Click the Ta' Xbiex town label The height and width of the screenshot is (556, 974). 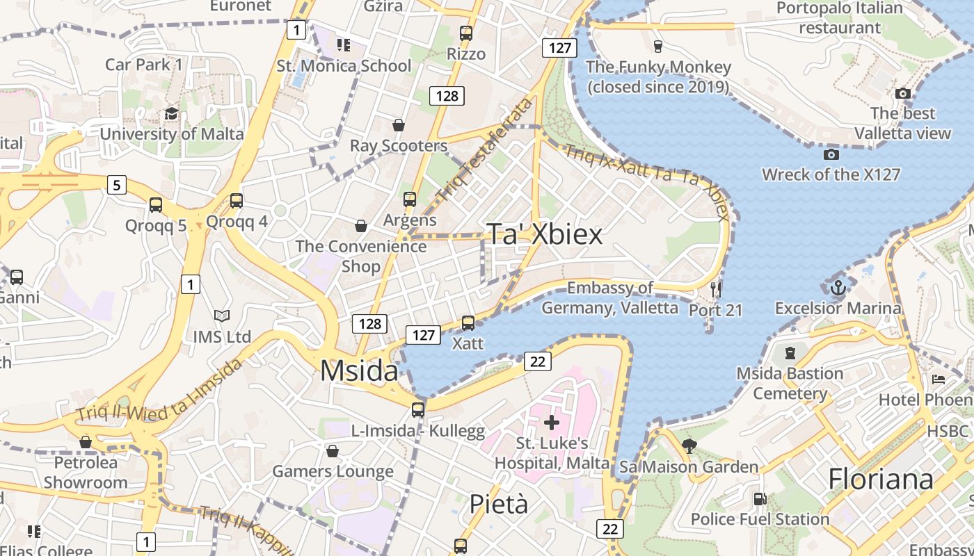pos(544,234)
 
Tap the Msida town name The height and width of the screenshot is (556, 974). pos(359,370)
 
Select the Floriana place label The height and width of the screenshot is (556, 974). pos(880,480)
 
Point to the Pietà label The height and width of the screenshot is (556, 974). pos(498,504)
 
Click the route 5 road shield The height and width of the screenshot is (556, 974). pos(117,185)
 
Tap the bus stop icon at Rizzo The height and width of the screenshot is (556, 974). pos(466,33)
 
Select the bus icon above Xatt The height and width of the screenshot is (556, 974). pos(468,322)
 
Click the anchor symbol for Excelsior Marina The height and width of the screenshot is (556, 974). pos(838,287)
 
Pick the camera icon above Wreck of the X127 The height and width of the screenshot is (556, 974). pos(831,154)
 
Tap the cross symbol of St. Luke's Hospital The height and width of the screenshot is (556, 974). pos(552,422)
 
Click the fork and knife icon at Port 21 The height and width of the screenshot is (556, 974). pos(716,288)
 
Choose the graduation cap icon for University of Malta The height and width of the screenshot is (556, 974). pos(171,113)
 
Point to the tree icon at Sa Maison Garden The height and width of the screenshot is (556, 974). pos(689,446)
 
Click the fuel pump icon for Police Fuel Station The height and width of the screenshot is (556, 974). pos(760,498)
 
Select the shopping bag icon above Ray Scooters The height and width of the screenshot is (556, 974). pos(399,125)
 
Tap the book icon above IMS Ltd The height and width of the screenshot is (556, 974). pos(222,316)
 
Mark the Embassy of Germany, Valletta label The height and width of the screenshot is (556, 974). pos(609,297)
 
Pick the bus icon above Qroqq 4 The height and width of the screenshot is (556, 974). pos(237,201)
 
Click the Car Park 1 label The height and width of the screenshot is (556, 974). pos(143,65)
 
